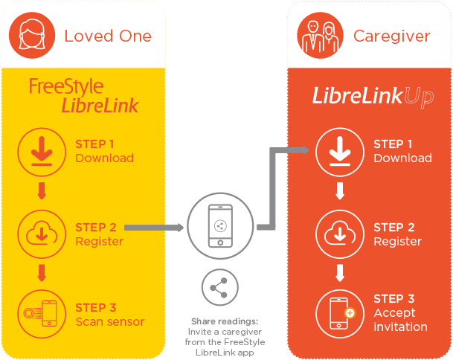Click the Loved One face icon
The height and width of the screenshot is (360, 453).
point(32,35)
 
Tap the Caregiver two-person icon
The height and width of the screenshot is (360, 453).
point(320,35)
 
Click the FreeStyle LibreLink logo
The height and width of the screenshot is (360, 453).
point(84,95)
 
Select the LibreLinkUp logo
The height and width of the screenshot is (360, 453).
point(373,96)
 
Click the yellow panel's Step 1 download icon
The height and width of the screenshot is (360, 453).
point(42,152)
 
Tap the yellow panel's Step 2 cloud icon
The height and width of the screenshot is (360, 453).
point(42,234)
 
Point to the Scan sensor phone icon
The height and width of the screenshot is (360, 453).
point(42,314)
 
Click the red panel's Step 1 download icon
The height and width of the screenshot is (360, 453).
point(340,152)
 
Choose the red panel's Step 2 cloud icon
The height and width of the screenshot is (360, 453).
point(340,234)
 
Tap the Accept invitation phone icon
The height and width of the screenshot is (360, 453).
point(340,314)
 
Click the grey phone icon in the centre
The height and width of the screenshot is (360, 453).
point(220,225)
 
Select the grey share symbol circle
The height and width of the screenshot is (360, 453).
point(220,287)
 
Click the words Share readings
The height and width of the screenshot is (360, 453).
point(225,321)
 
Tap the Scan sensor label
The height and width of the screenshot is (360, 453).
point(110,321)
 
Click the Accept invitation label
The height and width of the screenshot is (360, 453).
point(400,320)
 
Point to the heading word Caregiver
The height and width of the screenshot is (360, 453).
point(392,36)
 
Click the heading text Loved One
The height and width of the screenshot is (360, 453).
point(108,36)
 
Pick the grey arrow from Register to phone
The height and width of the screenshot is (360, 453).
point(154,228)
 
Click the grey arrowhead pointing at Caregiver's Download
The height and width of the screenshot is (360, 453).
point(306,150)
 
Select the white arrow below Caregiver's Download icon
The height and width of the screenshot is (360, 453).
point(340,190)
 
